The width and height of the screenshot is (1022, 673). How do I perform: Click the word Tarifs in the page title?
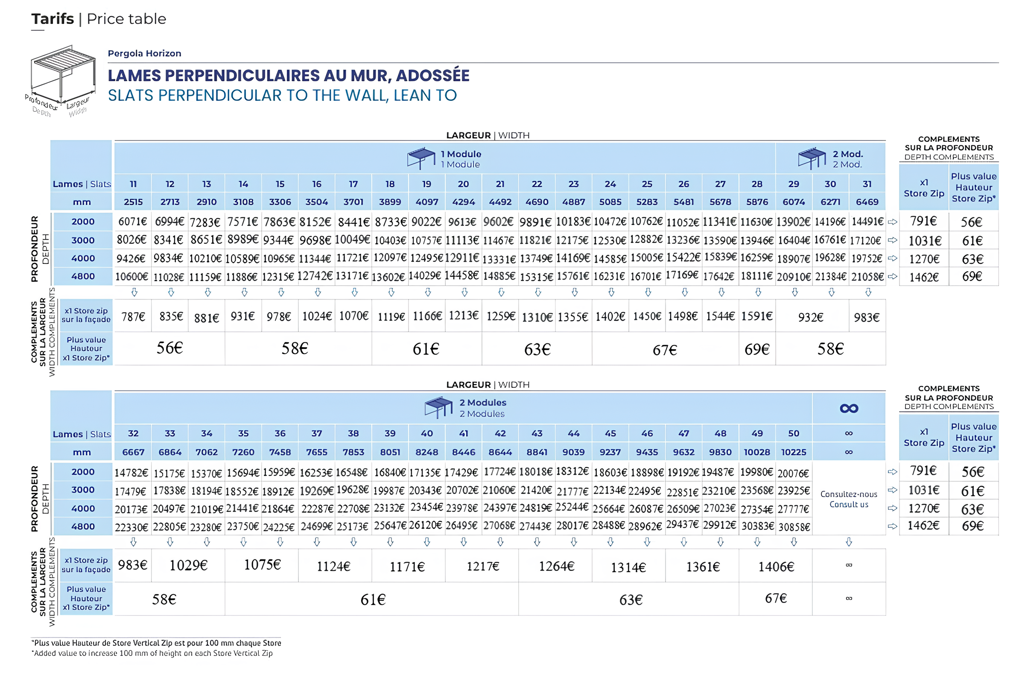coord(53,19)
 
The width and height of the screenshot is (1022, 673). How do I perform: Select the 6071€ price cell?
coord(133,222)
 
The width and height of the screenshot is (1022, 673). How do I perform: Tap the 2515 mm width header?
coord(133,202)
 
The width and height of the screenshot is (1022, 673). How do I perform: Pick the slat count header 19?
coord(426,184)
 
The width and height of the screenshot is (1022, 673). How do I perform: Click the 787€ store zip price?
coord(133,317)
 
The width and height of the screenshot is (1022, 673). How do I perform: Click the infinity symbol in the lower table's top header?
coord(849,408)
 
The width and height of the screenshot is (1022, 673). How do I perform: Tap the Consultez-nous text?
coord(849,494)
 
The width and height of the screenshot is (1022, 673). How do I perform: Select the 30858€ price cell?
coord(794,527)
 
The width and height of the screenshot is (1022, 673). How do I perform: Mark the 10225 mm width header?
coord(794,452)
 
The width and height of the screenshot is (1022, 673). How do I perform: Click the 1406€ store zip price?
coord(776,567)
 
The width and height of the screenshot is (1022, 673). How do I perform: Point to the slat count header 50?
coord(794,433)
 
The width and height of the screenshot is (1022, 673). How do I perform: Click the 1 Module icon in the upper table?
coord(422,158)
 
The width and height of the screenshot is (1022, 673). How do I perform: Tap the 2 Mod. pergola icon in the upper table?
coord(812,158)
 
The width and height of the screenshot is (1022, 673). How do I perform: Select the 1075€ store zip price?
coord(262,565)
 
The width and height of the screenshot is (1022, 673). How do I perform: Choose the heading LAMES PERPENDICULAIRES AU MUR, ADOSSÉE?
coord(289,76)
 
